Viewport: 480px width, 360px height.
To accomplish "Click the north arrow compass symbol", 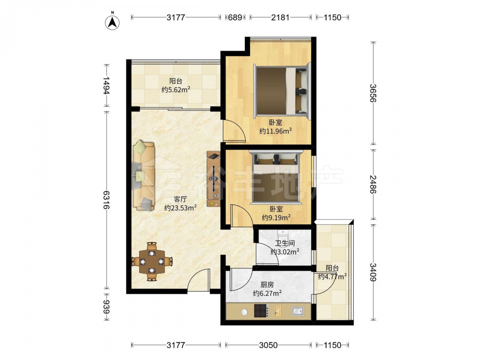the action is [x=112, y=22].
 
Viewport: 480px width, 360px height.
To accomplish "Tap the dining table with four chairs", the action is [x=152, y=262].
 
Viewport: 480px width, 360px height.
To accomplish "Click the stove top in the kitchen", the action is [x=261, y=311].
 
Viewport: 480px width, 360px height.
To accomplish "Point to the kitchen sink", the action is [x=297, y=311].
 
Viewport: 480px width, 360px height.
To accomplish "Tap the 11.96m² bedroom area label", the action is [x=276, y=131].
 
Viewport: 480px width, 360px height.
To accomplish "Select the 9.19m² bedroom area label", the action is [x=276, y=217].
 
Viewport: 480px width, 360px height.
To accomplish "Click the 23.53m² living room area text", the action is [x=180, y=208].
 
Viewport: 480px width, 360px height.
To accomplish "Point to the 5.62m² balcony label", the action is [x=176, y=90].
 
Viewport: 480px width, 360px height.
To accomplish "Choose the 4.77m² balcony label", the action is [x=332, y=277].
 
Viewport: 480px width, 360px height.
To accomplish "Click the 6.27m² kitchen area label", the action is [x=267, y=293].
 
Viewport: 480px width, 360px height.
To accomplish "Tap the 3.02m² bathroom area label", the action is [x=285, y=252].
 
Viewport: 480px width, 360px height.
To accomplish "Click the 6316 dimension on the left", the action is [x=106, y=200].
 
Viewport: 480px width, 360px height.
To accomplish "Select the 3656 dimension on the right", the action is [x=373, y=93].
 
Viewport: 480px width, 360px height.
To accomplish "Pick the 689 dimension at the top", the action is [x=235, y=17].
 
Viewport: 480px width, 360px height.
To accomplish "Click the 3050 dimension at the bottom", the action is [x=268, y=345].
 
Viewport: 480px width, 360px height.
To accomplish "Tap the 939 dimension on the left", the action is [x=106, y=307].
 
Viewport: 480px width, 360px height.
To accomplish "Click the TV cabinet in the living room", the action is [x=214, y=179].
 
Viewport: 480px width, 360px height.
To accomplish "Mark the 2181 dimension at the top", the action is [x=280, y=17].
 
